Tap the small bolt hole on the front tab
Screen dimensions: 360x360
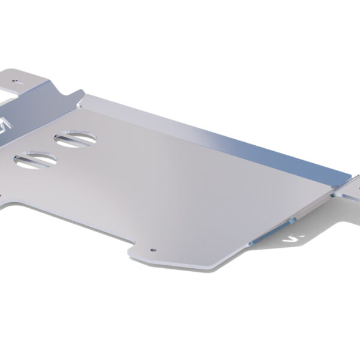click(x=154, y=248)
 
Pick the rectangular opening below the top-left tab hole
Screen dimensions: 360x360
click(x=9, y=96)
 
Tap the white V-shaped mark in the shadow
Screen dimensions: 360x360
click(x=293, y=239)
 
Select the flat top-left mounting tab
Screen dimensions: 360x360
click(x=27, y=78)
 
